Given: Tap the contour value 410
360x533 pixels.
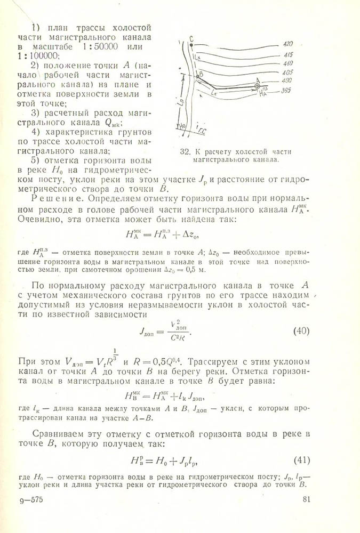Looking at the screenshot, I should coord(287,63).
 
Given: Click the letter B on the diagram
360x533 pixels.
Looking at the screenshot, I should coord(201,74).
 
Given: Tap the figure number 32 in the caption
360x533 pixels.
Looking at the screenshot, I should coord(186,151).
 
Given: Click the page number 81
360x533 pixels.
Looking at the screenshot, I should coord(306,499).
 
